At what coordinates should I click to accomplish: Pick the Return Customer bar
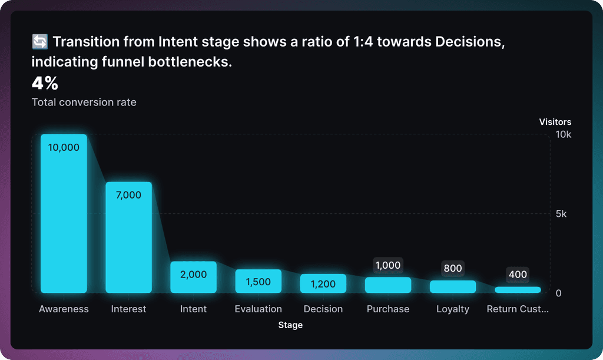coord(518,290)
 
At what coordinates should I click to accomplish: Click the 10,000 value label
coord(64,148)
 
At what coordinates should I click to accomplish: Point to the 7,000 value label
coord(128,195)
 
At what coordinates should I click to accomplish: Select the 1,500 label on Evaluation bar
coord(258,282)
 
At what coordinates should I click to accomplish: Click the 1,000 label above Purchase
coord(388,266)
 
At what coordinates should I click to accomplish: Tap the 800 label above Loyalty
coord(453,269)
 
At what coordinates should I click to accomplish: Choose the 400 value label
coord(518,275)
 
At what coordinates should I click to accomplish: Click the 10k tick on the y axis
coord(564,134)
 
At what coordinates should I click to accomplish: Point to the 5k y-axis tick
coord(561,214)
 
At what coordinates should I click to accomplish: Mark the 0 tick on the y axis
coord(559,293)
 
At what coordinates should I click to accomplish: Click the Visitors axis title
coord(555,122)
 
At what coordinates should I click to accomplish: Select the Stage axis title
coord(290,325)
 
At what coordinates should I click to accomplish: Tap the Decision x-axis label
coord(323,309)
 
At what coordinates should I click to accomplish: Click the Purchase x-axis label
coord(387,309)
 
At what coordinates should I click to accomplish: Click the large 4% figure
coord(45,83)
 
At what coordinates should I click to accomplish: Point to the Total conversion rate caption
coord(84,103)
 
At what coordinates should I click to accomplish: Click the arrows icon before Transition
coord(39,42)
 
